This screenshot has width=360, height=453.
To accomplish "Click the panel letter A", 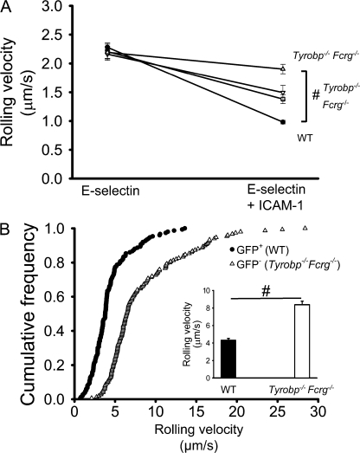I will pos(8,8).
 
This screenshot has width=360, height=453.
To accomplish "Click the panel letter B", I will pos(8,230).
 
